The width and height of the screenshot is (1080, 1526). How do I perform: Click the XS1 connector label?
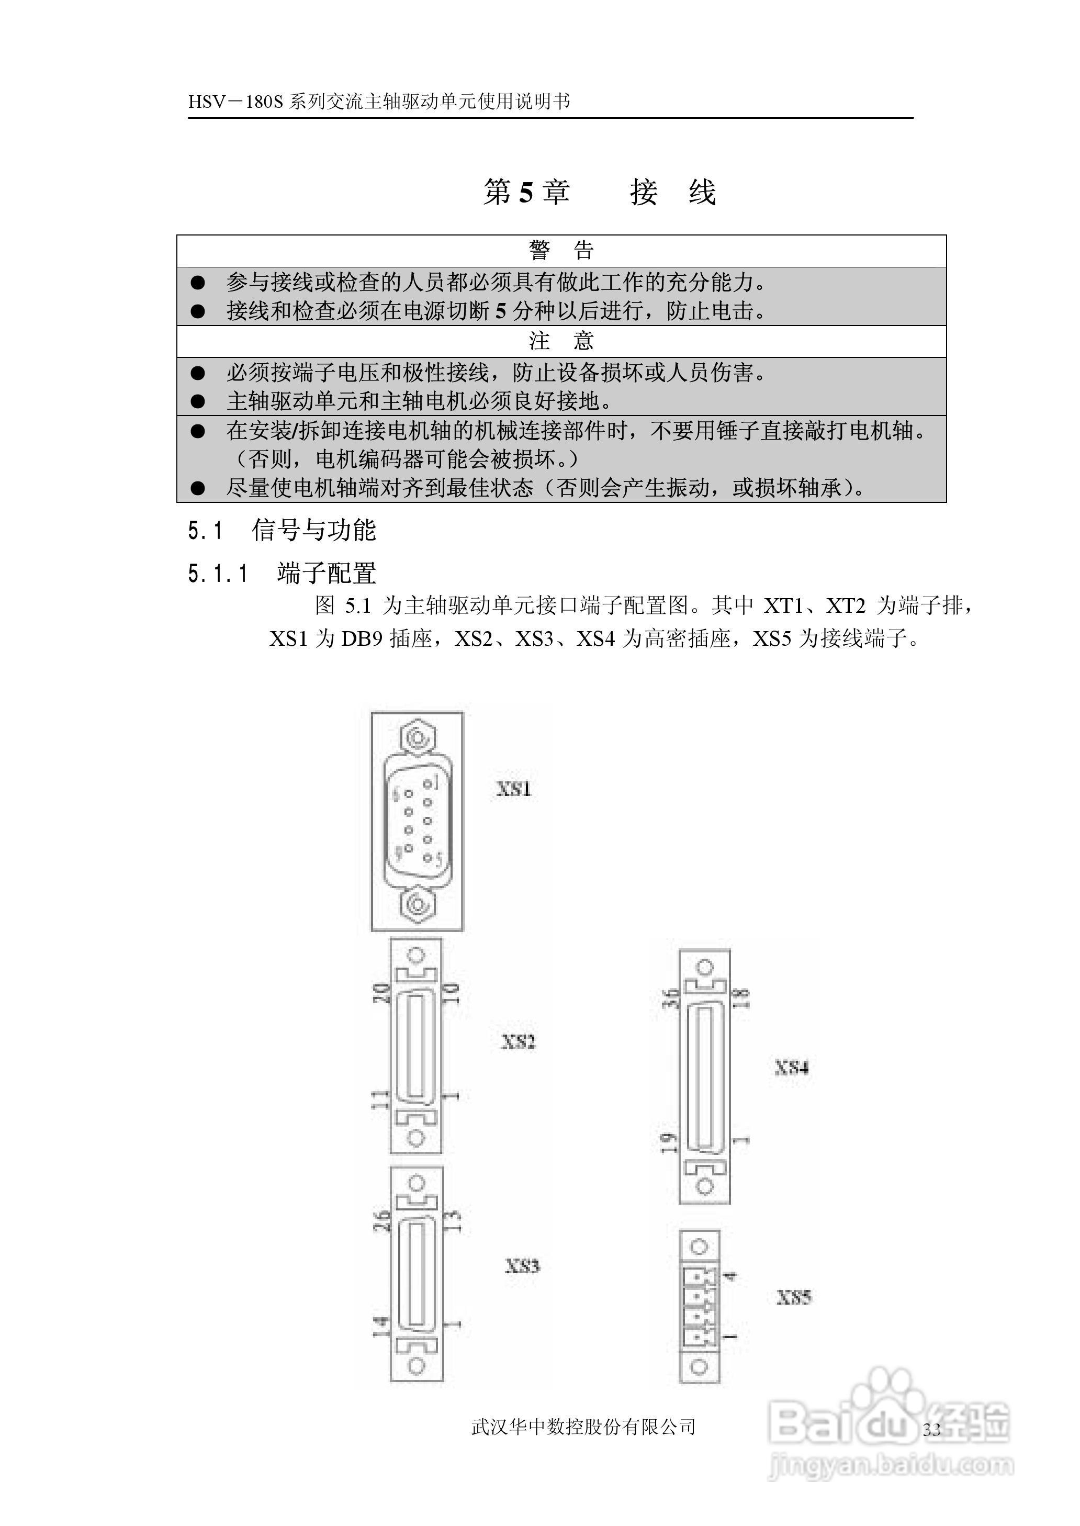tap(513, 789)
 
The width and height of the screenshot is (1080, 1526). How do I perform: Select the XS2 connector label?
tap(518, 1041)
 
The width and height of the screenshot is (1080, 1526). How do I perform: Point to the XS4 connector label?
tap(791, 1067)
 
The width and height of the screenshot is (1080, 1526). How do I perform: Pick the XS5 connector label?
tap(794, 1297)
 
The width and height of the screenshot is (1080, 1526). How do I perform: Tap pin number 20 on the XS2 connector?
tap(380, 994)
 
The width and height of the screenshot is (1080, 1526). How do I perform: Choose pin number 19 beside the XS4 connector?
tap(669, 1142)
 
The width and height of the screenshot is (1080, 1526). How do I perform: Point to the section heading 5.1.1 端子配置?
tap(282, 573)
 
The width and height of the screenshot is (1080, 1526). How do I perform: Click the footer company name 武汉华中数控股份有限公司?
tap(583, 1426)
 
